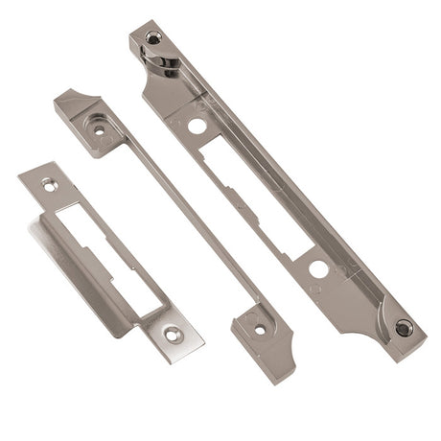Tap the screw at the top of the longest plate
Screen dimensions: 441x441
click(x=152, y=38)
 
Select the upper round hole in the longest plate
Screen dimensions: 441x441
click(x=196, y=126)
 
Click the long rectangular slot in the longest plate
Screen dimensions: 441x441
click(x=251, y=192)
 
